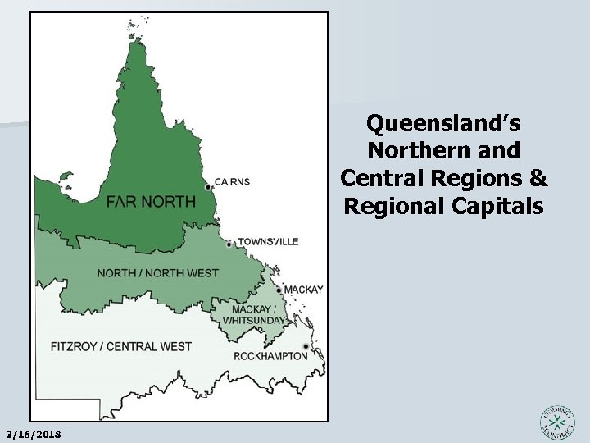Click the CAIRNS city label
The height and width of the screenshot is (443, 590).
tap(233, 182)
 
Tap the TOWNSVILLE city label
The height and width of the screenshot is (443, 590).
tap(268, 242)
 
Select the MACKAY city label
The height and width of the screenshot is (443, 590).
tap(304, 290)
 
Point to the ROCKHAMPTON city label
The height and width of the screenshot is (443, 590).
tap(270, 356)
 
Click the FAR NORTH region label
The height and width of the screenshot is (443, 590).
tap(151, 201)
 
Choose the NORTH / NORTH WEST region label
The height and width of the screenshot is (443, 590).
tap(158, 272)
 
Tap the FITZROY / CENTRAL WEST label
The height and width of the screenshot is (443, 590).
tap(120, 346)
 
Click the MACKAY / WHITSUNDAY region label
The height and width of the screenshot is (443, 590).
tap(258, 314)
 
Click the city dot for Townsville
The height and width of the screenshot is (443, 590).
tap(230, 244)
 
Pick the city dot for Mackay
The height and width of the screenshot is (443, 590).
tap(279, 290)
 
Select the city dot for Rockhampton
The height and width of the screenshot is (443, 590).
tap(306, 346)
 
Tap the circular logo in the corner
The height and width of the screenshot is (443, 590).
tap(557, 422)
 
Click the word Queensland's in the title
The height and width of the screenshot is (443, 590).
tap(443, 124)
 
